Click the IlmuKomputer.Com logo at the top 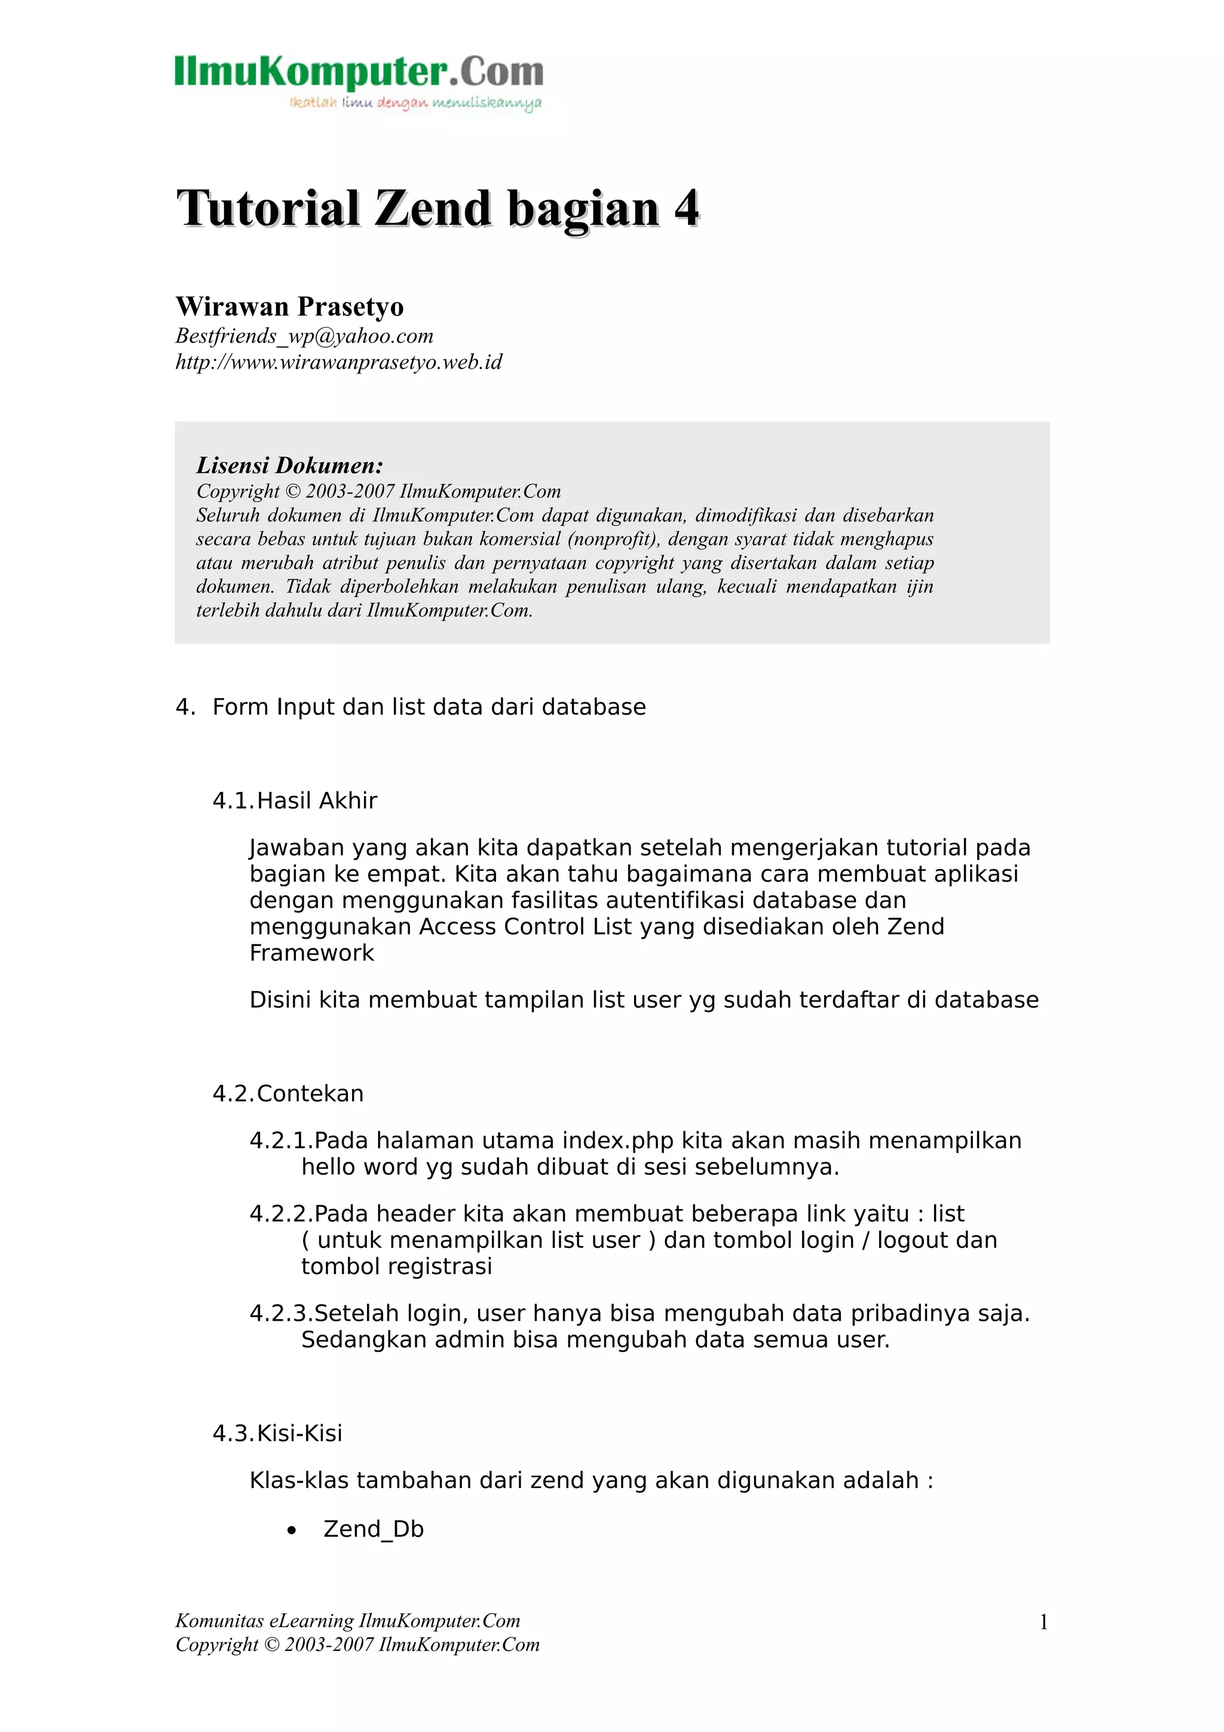pos(359,81)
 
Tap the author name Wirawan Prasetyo pos(290,306)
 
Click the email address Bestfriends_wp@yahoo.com pos(304,336)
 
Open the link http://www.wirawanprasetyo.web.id pos(339,362)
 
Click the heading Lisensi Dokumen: pos(290,465)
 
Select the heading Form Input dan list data pos(429,707)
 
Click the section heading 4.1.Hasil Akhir pos(294,800)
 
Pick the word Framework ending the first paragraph pos(311,953)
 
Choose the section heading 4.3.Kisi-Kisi pos(277,1433)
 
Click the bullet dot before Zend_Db pos(292,1531)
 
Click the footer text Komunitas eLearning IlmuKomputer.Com pos(348,1620)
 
